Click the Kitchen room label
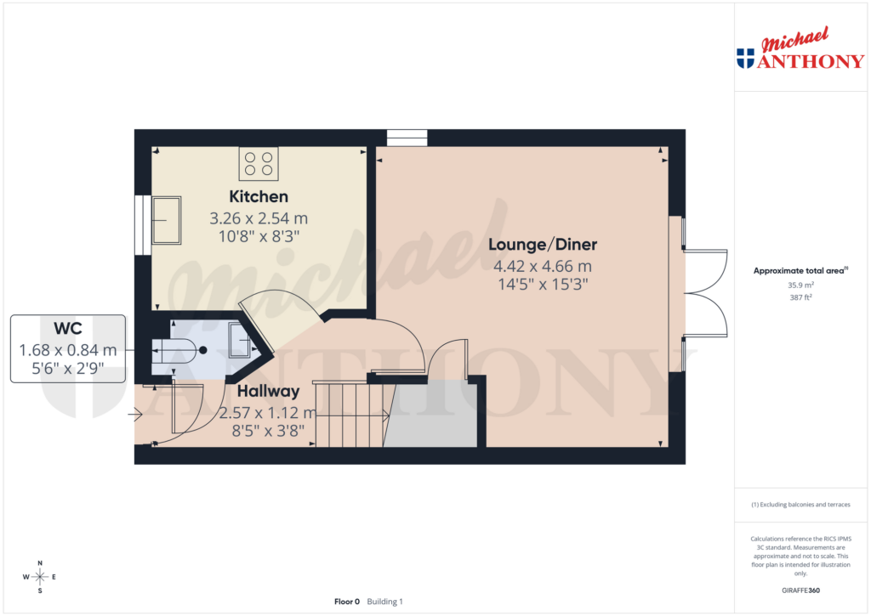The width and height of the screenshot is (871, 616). (258, 197)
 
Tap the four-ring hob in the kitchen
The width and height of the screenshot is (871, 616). (259, 163)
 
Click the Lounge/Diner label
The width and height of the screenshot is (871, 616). (543, 245)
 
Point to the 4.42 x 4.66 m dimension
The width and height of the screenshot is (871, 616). (543, 265)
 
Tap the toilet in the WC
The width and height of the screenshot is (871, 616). (174, 349)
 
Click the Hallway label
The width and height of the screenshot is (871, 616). (268, 392)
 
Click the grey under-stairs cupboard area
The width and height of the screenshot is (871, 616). (432, 416)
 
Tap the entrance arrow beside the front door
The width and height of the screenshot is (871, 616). (135, 415)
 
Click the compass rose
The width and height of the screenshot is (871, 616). (39, 577)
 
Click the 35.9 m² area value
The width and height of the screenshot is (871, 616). (800, 285)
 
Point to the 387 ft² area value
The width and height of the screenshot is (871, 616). (800, 298)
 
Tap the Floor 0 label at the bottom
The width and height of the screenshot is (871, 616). (347, 602)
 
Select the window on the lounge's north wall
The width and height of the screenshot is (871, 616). (407, 138)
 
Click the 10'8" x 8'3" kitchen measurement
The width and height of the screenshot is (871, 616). (258, 235)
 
